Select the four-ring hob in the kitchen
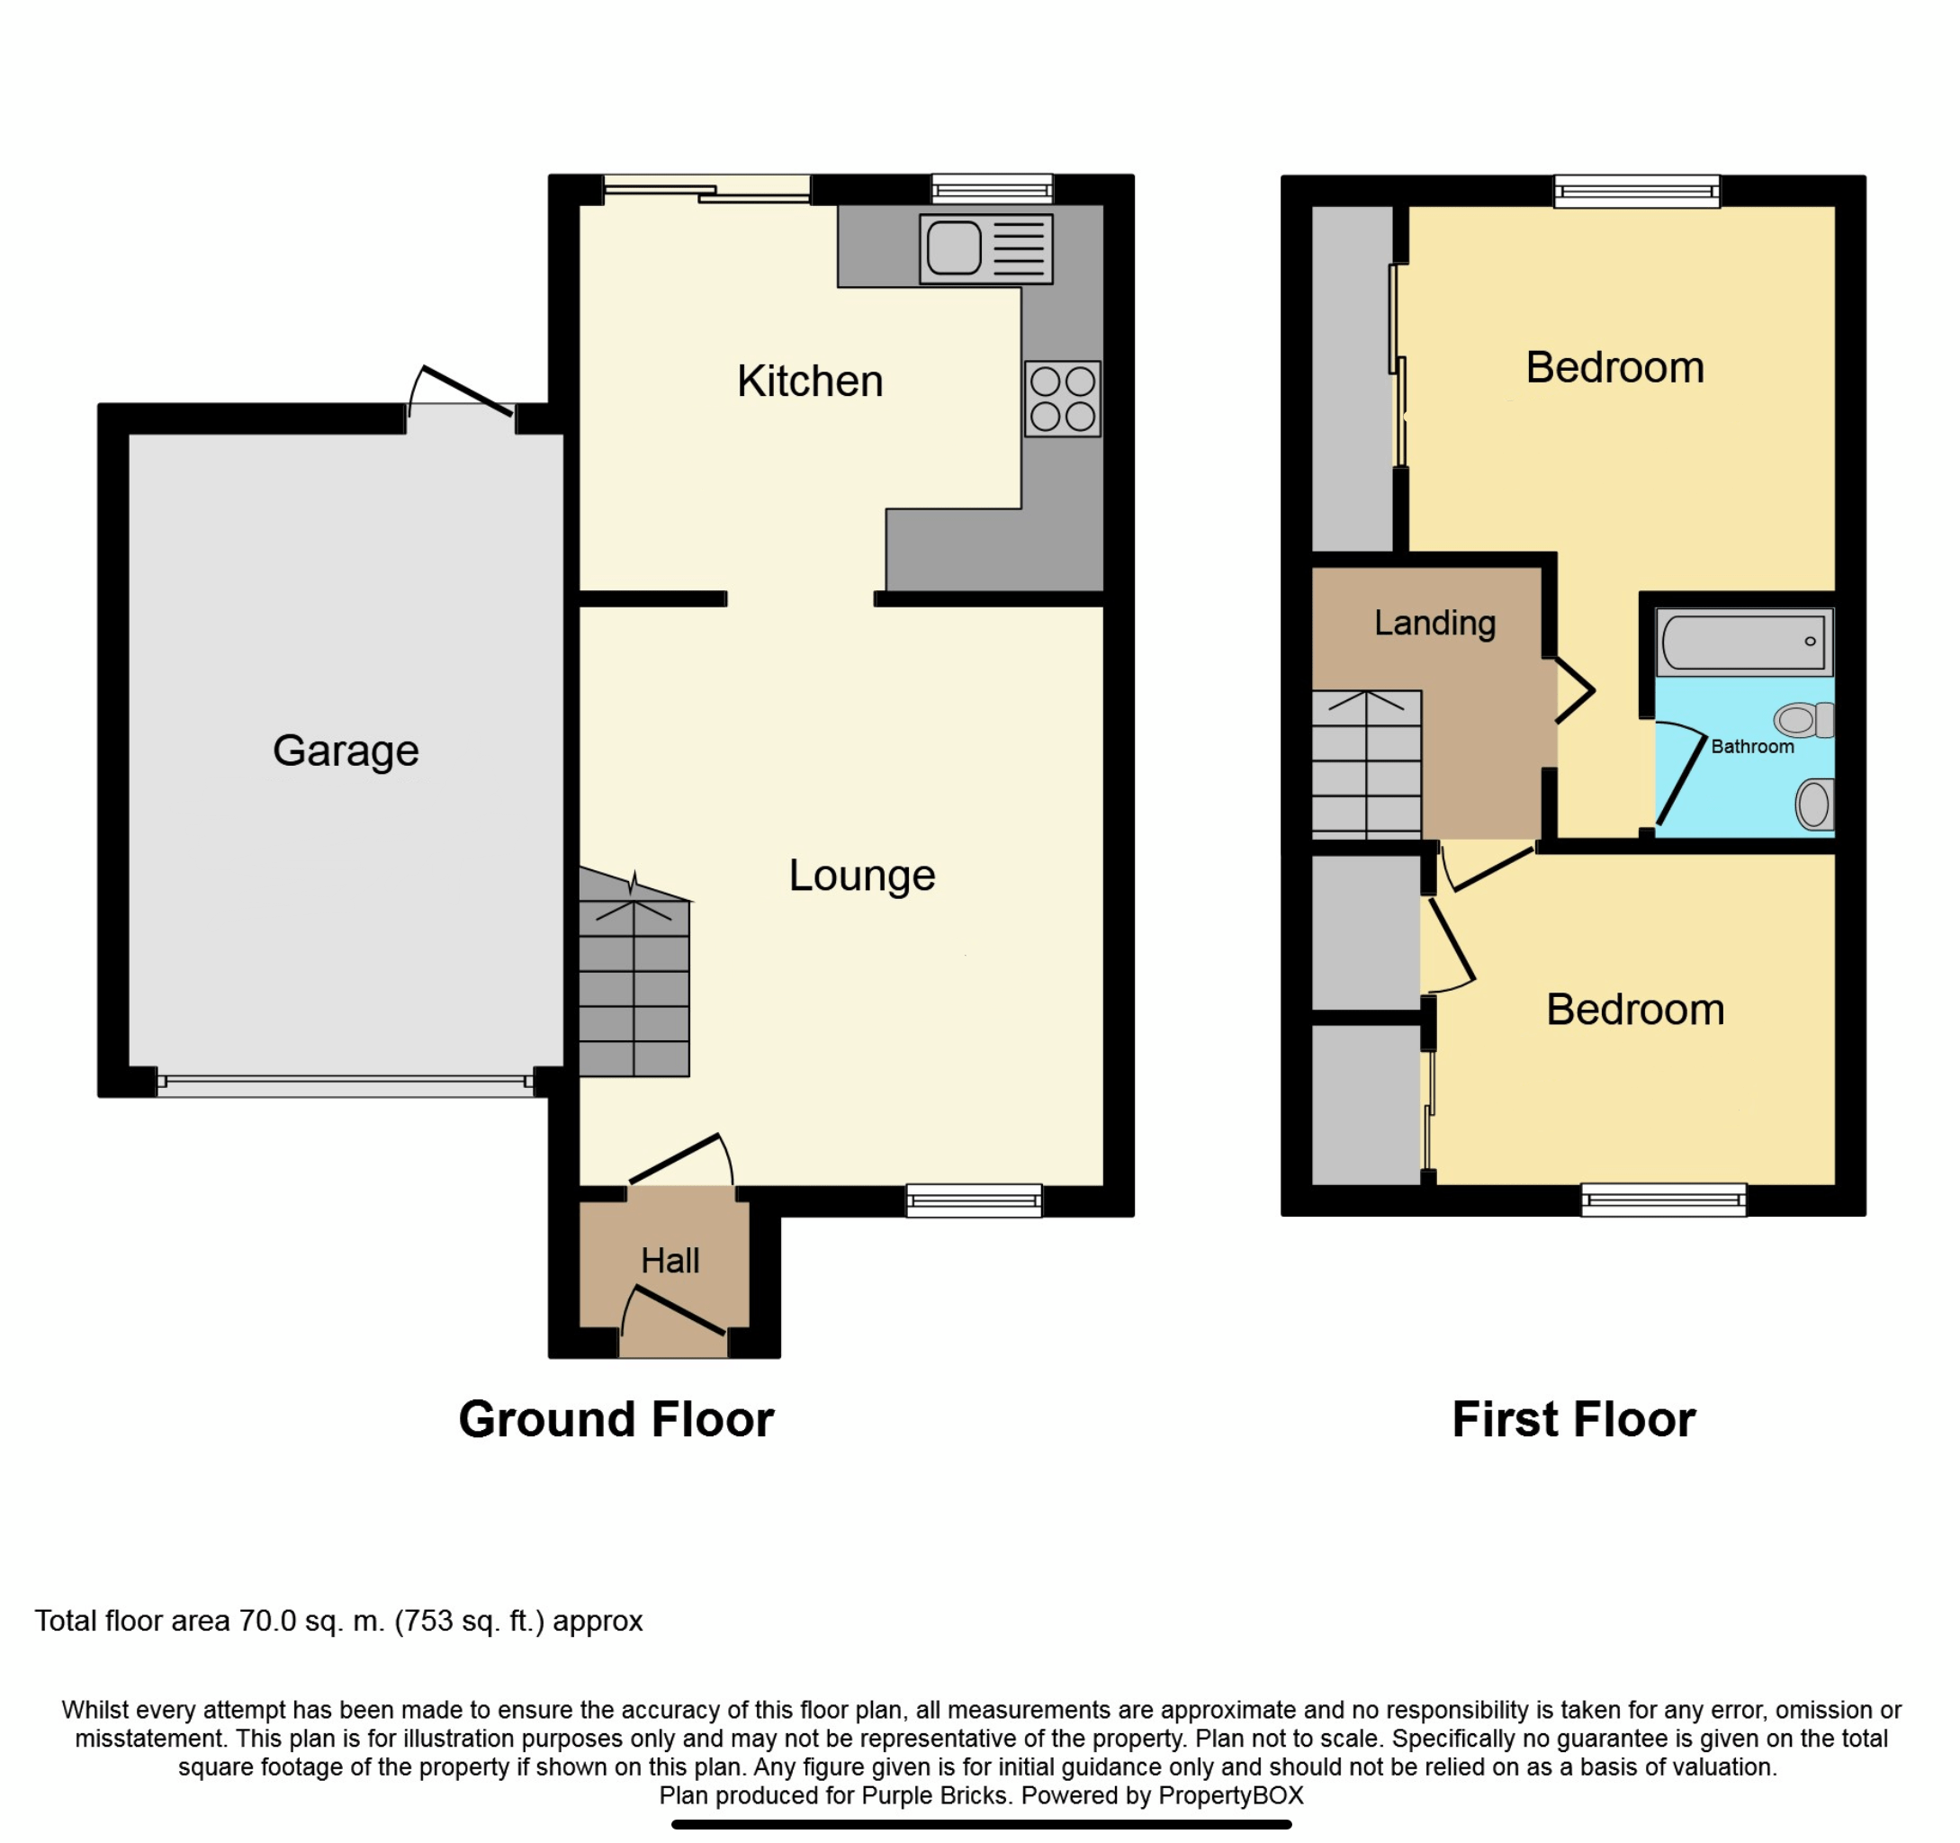tap(1062, 399)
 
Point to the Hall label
tap(670, 1260)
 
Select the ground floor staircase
tap(633, 986)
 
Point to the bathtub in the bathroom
tap(1742, 641)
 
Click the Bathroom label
tap(1751, 747)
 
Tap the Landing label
tap(1434, 624)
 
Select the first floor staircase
tap(1365, 765)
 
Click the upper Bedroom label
tap(1614, 368)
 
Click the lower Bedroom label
tap(1633, 1010)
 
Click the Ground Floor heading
tap(616, 1420)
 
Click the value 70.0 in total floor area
tap(266, 1621)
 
